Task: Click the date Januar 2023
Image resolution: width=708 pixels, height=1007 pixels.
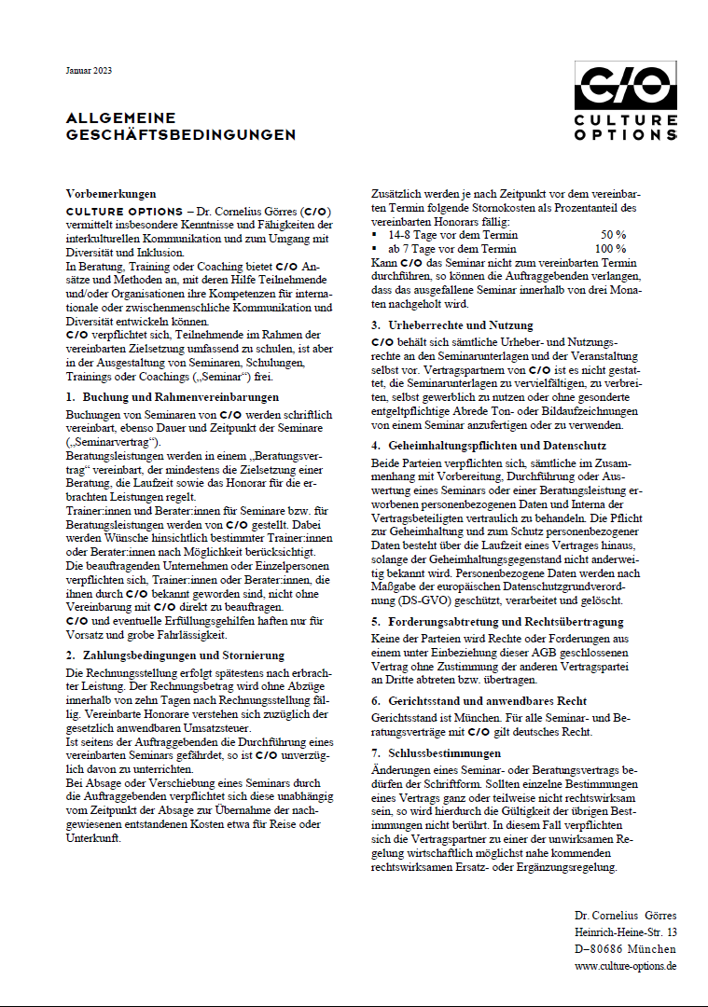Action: click(x=89, y=71)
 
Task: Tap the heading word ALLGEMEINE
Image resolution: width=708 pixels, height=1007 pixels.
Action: click(x=120, y=118)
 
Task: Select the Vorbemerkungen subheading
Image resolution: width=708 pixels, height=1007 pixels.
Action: click(x=111, y=193)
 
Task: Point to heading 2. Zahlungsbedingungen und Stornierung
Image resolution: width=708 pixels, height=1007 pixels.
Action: click(x=175, y=655)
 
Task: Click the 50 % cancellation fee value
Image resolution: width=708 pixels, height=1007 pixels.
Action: click(x=613, y=235)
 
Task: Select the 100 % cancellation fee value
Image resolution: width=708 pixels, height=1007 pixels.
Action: click(x=610, y=249)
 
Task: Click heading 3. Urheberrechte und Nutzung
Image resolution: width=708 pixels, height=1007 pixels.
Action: click(x=452, y=325)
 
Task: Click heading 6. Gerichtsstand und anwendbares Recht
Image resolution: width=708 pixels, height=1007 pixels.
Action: click(x=479, y=700)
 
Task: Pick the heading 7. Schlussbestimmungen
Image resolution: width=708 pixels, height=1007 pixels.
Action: click(x=437, y=752)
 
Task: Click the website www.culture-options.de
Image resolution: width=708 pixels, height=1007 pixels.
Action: click(x=625, y=966)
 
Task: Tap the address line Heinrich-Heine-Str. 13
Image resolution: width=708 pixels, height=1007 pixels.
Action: click(x=626, y=932)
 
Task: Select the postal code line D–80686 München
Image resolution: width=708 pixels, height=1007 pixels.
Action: click(x=626, y=949)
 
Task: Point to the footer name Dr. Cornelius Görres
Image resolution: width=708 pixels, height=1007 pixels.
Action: click(x=626, y=916)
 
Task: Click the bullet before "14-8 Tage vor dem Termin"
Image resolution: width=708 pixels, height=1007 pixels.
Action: click(x=376, y=236)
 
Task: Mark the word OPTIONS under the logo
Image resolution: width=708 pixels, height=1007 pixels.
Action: click(x=625, y=134)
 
